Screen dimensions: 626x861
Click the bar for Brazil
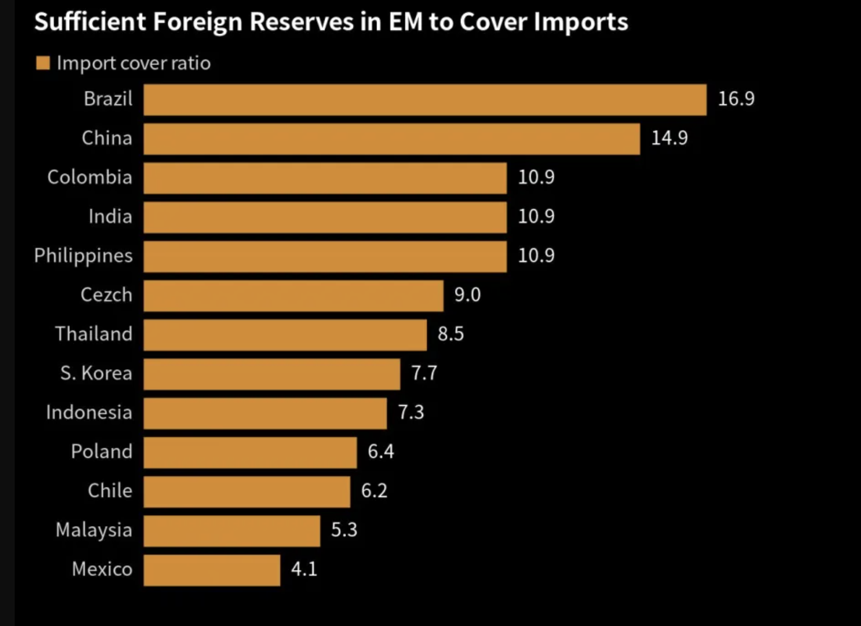click(x=425, y=100)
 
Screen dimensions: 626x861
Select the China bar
click(x=392, y=139)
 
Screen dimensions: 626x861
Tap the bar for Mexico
click(x=212, y=570)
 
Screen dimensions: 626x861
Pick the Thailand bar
click(x=285, y=335)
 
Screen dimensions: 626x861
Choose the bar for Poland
click(x=250, y=452)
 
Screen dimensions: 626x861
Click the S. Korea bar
click(x=272, y=374)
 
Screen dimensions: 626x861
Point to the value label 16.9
click(x=736, y=99)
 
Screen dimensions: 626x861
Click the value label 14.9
click(x=669, y=138)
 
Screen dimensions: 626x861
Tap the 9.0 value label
click(x=467, y=295)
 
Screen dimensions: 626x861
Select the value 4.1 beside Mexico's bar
click(x=304, y=569)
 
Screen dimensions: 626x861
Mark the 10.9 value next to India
click(x=536, y=216)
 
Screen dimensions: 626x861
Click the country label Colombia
click(x=90, y=177)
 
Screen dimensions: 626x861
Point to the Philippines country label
click(x=83, y=256)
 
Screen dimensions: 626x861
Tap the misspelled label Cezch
click(x=106, y=295)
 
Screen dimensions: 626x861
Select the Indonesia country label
click(x=89, y=412)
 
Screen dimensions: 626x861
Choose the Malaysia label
click(x=94, y=530)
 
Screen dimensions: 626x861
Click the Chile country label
click(x=110, y=491)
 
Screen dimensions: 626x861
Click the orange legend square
click(x=43, y=63)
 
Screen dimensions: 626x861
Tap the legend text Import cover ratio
click(x=134, y=63)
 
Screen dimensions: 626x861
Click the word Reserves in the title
click(x=302, y=22)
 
